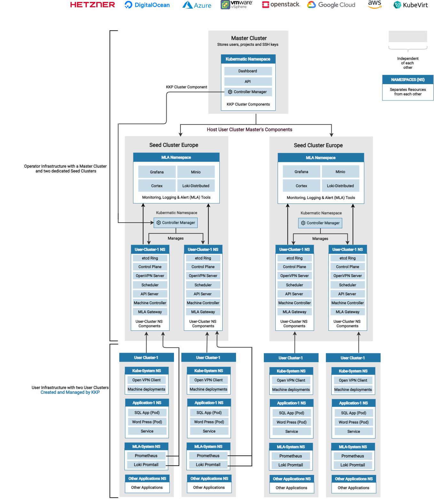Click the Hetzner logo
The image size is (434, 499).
(92, 5)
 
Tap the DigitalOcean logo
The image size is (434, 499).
(147, 5)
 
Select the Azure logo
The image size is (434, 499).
(197, 5)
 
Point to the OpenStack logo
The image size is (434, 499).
(281, 4)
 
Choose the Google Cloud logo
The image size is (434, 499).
(331, 5)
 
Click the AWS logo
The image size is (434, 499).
(375, 4)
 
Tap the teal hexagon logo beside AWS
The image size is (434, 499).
(397, 5)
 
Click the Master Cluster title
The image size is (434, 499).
(249, 38)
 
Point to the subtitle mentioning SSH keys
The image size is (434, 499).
(248, 44)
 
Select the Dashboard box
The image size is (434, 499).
(248, 71)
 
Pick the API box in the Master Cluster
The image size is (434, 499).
(248, 82)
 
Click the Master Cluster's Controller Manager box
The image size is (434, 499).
(248, 92)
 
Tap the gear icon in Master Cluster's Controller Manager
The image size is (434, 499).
(230, 92)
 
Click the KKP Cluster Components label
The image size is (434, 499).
(248, 104)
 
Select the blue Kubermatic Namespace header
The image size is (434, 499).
(248, 59)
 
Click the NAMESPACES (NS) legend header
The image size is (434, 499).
(408, 80)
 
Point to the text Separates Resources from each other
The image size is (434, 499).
(408, 92)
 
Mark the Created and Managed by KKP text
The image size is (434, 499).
(70, 392)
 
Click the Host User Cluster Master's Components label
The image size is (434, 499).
(249, 130)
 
